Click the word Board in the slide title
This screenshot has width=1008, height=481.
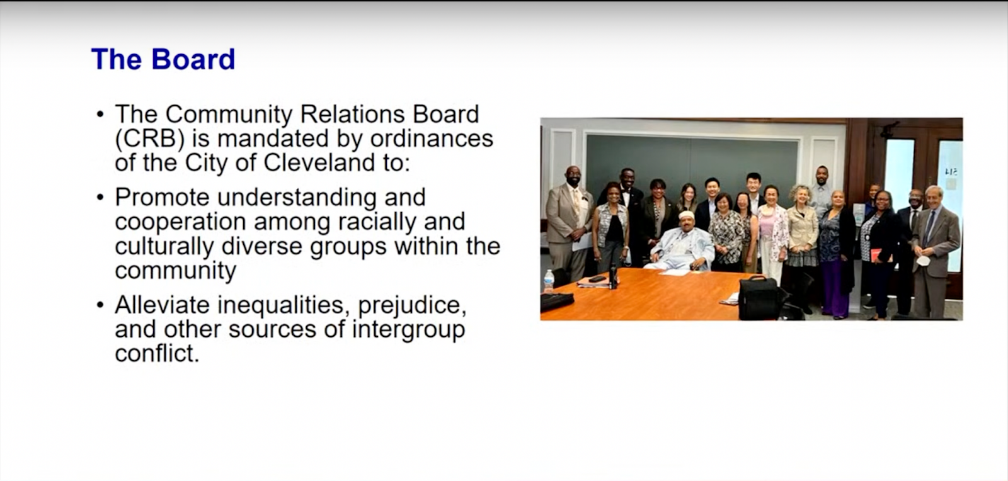(x=193, y=60)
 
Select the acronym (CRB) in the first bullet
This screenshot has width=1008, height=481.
(x=149, y=139)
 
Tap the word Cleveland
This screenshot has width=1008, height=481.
(x=319, y=162)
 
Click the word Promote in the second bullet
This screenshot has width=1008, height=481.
(x=162, y=198)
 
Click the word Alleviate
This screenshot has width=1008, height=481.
(x=162, y=305)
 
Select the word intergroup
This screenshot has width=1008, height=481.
(x=408, y=329)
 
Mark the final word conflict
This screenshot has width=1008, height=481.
(x=156, y=353)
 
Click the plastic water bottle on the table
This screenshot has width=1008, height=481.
(x=548, y=280)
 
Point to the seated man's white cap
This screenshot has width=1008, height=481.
(x=687, y=215)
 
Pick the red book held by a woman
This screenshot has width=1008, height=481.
(x=875, y=255)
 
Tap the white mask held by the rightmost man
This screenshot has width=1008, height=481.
(x=923, y=260)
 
